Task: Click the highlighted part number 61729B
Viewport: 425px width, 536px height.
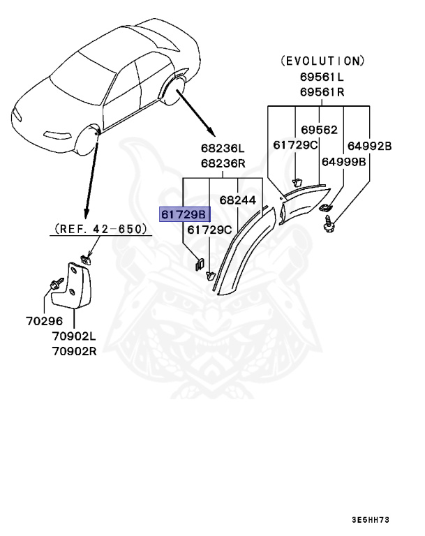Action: pyautogui.click(x=182, y=214)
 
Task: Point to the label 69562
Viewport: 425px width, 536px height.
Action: pyautogui.click(x=319, y=130)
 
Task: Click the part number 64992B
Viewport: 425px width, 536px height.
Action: pyautogui.click(x=369, y=145)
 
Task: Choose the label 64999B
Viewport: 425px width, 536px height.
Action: pyautogui.click(x=345, y=161)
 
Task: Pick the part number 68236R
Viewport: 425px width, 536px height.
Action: pyautogui.click(x=223, y=164)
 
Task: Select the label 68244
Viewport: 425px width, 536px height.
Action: pyautogui.click(x=238, y=200)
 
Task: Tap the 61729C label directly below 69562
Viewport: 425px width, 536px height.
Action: pyautogui.click(x=295, y=145)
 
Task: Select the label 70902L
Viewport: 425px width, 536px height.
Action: pyautogui.click(x=73, y=336)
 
